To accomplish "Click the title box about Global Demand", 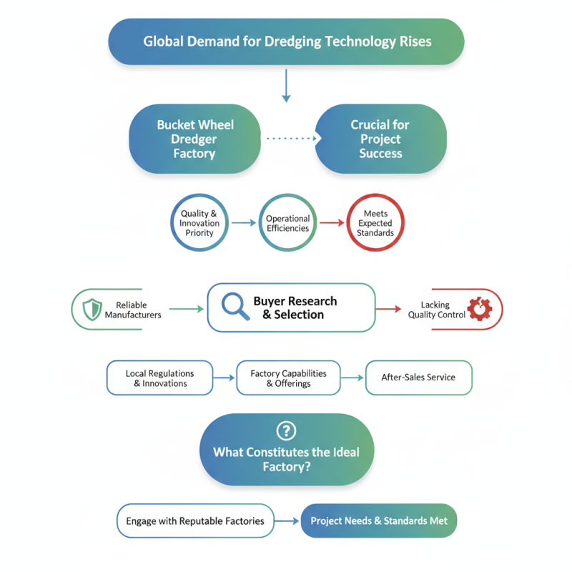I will [286, 41].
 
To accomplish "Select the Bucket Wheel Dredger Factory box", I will [194, 139].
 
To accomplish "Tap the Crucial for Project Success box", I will [380, 139].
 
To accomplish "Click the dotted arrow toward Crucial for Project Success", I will [290, 139].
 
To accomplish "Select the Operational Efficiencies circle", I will [287, 223].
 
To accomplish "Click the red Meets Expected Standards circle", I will [375, 223].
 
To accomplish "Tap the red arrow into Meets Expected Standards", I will [332, 223].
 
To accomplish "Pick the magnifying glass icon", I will [235, 306].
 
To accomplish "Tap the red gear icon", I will [479, 309].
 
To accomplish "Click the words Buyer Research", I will [295, 301].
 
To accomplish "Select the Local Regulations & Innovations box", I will [159, 378].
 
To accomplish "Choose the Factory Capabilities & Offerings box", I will [288, 378].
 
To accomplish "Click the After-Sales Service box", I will [418, 378].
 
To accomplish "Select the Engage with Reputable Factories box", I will [195, 521].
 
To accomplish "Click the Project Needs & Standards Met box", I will [378, 521].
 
